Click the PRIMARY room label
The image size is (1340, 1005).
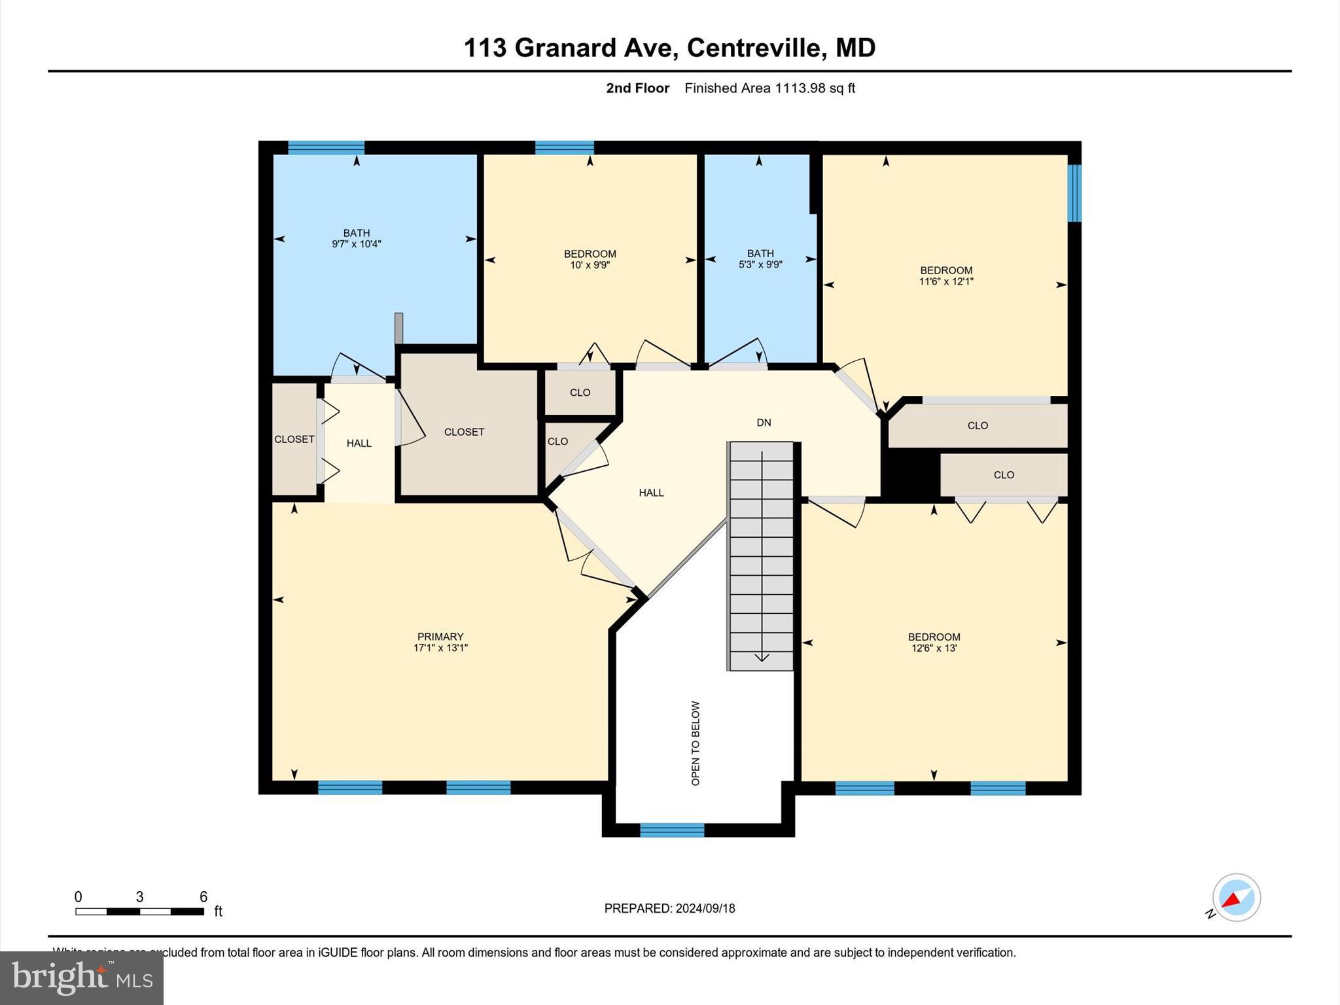pos(440,637)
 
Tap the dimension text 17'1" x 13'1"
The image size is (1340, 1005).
pos(440,648)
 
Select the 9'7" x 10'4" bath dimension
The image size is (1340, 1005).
pos(357,244)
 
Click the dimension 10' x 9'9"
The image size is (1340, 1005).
pos(590,265)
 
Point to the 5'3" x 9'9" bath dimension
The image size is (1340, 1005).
pos(760,264)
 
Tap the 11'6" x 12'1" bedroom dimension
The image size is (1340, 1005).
pos(946,281)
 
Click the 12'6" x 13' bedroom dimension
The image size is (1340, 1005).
pos(934,648)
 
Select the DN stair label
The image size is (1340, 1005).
pos(764,423)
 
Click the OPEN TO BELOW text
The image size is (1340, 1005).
pos(696,743)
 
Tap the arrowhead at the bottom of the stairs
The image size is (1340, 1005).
pos(762,657)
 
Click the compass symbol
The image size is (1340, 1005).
pos(1236,898)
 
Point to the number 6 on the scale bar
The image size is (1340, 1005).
pos(203,896)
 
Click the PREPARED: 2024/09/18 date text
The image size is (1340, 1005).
pos(669,908)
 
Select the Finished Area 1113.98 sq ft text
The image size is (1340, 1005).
pos(769,88)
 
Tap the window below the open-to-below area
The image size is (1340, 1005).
pos(672,830)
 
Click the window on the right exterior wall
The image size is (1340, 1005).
pos(1074,193)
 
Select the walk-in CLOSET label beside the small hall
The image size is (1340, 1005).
pos(464,432)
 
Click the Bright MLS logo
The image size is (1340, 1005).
pos(82,978)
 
